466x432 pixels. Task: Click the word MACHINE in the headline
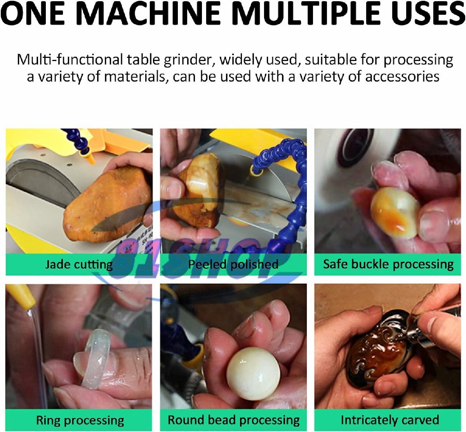click(148, 13)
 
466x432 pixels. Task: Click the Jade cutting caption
click(79, 264)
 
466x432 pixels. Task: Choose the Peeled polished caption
click(233, 264)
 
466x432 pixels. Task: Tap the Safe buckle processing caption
click(388, 264)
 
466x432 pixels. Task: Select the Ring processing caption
click(80, 420)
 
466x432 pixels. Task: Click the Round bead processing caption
click(234, 420)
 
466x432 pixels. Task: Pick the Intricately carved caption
click(390, 420)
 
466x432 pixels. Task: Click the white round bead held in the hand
click(254, 374)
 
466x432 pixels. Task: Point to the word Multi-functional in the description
click(70, 60)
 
